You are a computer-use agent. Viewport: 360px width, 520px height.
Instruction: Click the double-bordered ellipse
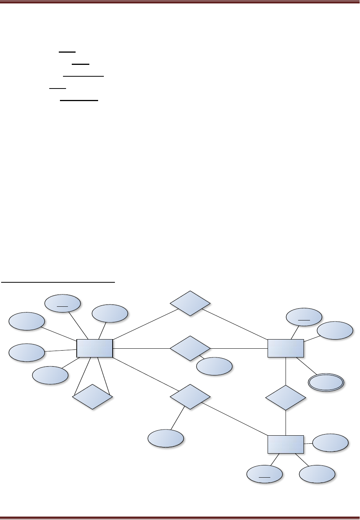326,382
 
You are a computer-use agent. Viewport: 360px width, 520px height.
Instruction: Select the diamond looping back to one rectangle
92,397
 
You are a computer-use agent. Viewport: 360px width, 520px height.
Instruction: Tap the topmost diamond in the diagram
190,303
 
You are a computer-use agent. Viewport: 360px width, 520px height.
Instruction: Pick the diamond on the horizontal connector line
190,348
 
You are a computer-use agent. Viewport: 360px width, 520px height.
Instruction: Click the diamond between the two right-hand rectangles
286,398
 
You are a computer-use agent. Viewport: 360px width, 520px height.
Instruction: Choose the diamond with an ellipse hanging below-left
190,397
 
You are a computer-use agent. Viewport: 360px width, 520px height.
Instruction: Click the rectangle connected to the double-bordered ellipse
286,348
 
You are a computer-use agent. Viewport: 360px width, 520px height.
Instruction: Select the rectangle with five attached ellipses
95,348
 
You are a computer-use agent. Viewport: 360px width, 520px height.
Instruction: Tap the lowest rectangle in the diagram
286,444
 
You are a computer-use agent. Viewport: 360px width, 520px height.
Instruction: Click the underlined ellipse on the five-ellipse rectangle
63,303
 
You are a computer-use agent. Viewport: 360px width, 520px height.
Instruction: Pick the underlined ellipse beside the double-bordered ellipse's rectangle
304,317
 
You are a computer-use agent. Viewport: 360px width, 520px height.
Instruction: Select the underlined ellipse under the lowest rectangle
265,475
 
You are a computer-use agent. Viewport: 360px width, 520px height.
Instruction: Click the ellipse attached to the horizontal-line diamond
214,367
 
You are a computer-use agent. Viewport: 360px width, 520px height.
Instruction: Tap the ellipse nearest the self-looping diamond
50,375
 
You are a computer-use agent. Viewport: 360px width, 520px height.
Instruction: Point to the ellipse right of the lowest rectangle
330,443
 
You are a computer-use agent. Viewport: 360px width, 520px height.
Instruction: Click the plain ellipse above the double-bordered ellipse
335,331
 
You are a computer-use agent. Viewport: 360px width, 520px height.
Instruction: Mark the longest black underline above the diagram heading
83,76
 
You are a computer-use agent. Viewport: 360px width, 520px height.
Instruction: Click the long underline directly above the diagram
58,283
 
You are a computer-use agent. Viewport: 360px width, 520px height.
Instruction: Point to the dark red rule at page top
180,2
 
